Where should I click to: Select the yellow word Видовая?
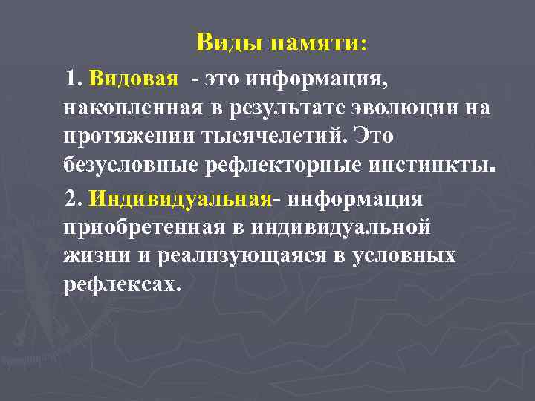(x=133, y=78)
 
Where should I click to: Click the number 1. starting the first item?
(x=74, y=78)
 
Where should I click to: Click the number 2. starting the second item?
(x=74, y=199)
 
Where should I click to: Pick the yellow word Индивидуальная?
(x=179, y=199)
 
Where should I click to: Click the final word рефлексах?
(x=121, y=284)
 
